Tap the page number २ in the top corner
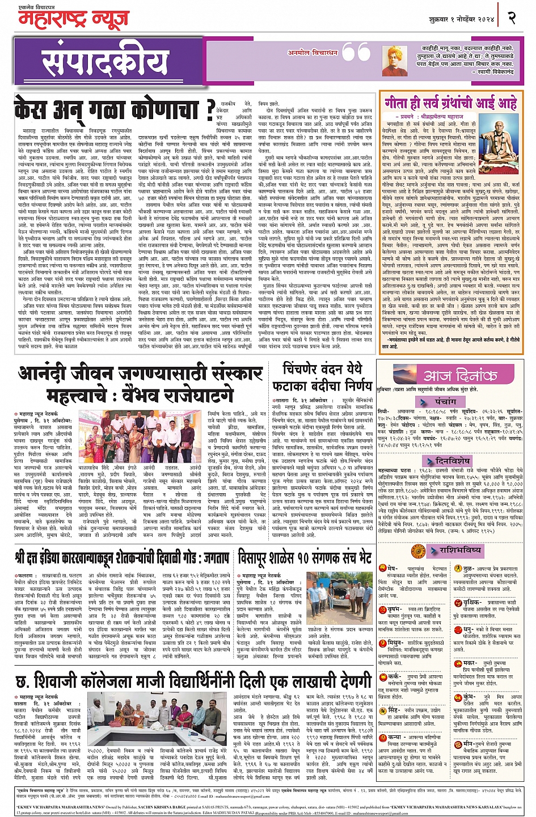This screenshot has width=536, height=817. click(x=512, y=18)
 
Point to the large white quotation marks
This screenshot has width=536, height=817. click(x=357, y=53)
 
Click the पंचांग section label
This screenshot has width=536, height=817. click(x=446, y=401)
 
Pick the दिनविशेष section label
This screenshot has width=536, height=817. click(x=452, y=461)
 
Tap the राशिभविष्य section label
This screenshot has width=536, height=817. click(x=460, y=549)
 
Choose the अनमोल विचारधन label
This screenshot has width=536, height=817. click(x=314, y=53)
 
